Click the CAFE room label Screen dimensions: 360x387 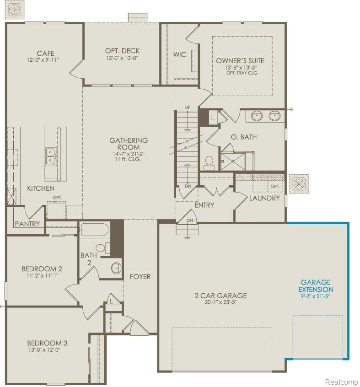pyautogui.click(x=46, y=54)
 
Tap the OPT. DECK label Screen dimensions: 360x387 pyautogui.click(x=123, y=51)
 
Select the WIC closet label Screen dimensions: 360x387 pyautogui.click(x=180, y=54)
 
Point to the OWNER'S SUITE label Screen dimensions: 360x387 pyautogui.click(x=240, y=61)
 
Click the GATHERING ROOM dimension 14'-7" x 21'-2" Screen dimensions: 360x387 pyautogui.click(x=129, y=154)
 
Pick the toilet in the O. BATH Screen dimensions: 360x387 pyautogui.click(x=209, y=163)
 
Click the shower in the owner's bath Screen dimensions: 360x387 pyautogui.click(x=233, y=161)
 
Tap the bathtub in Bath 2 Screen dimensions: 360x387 pyautogui.click(x=94, y=230)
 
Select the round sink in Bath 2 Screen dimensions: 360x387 pyautogui.click(x=116, y=268)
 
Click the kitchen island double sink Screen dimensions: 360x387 pyautogui.click(x=50, y=156)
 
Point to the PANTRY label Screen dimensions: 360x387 pyautogui.click(x=27, y=224)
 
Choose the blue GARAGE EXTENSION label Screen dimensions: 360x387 pyautogui.click(x=316, y=286)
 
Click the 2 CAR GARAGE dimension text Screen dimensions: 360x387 pyautogui.click(x=220, y=302)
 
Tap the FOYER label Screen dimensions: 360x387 pyautogui.click(x=140, y=277)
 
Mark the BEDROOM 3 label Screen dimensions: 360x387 pyautogui.click(x=47, y=343)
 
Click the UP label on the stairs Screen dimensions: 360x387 pyautogui.click(x=188, y=107)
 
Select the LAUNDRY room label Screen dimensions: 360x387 pyautogui.click(x=264, y=198)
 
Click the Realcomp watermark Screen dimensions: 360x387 pyautogui.click(x=341, y=382)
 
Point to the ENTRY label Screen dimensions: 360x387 pyautogui.click(x=204, y=205)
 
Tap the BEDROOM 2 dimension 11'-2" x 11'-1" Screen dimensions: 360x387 pyautogui.click(x=42, y=275)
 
